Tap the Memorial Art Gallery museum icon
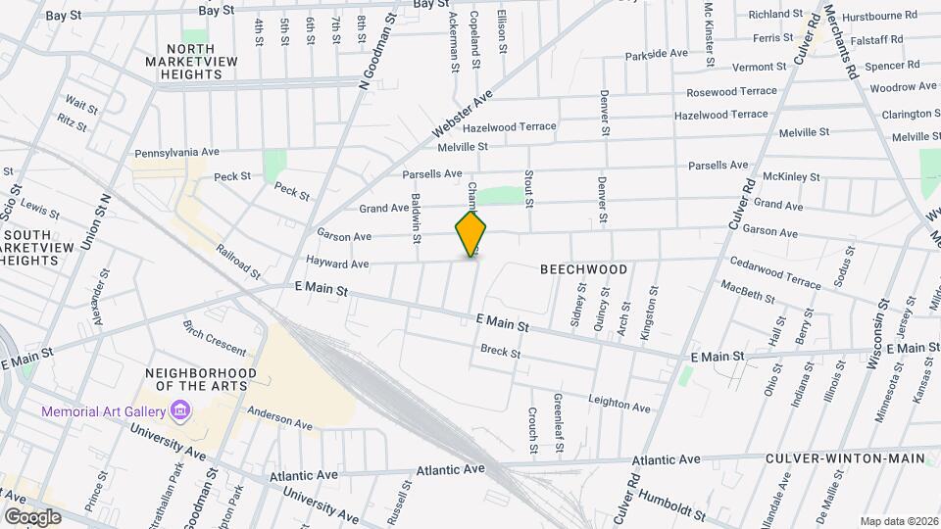click(x=180, y=411)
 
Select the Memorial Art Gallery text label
click(x=103, y=411)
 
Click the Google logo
click(x=32, y=516)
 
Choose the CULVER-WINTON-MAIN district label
click(x=845, y=457)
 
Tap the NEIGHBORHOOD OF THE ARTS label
click(x=201, y=380)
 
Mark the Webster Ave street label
click(x=461, y=116)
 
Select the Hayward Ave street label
click(x=336, y=264)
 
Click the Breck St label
click(x=500, y=351)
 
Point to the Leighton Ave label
click(x=619, y=403)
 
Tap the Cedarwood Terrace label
click(x=775, y=270)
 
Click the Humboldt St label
click(x=671, y=505)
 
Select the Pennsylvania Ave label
click(x=177, y=153)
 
